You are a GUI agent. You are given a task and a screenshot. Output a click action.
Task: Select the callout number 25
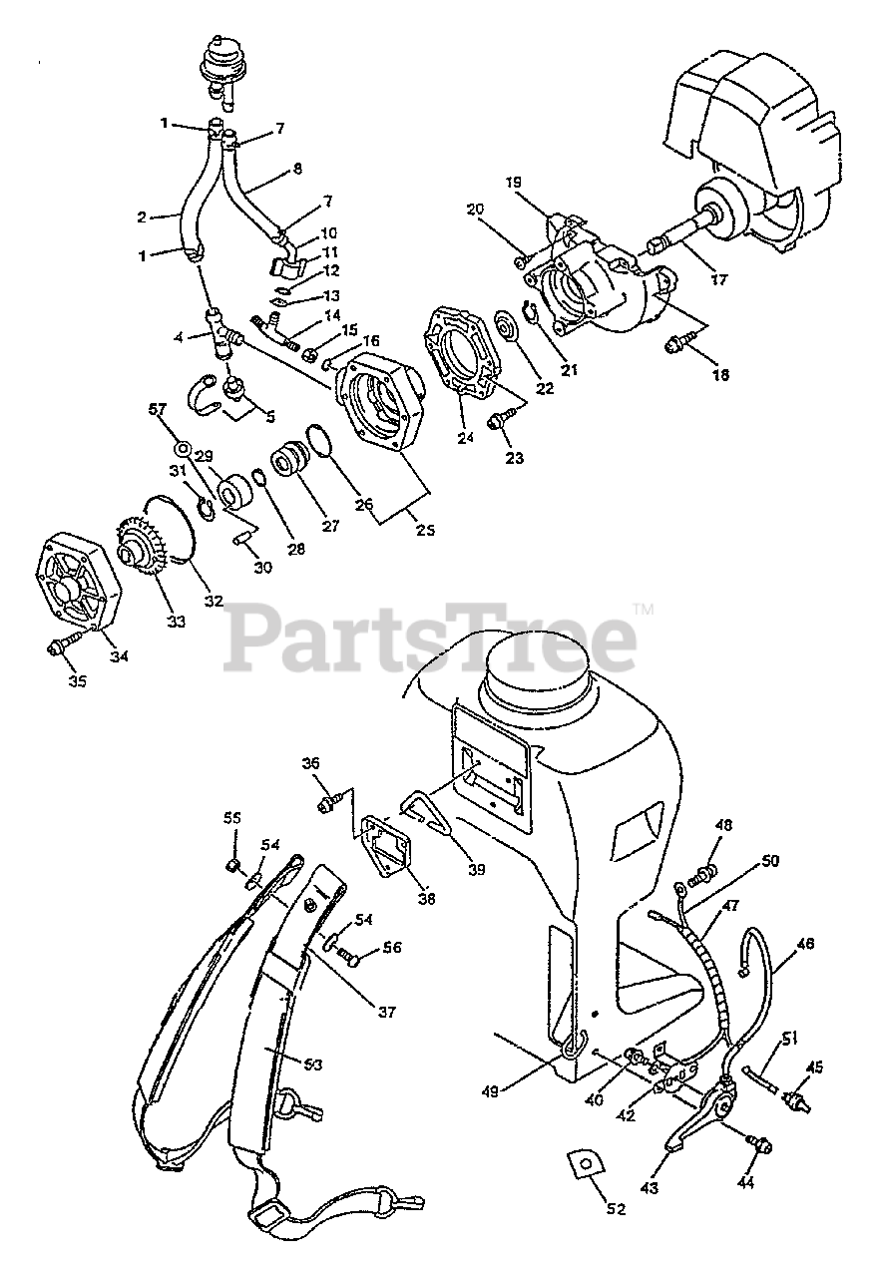(x=425, y=530)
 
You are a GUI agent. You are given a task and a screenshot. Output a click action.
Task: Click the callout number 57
(x=156, y=409)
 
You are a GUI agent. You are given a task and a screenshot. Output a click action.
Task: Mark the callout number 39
(x=476, y=868)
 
